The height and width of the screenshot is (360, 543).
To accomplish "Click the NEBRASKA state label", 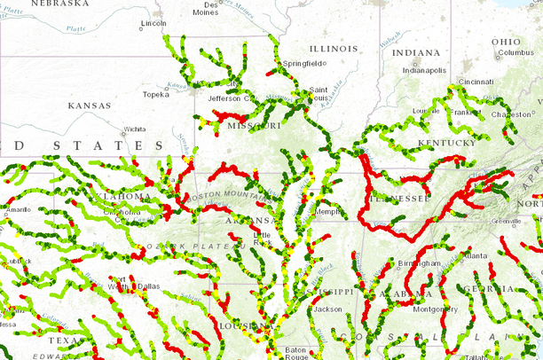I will coord(59,4).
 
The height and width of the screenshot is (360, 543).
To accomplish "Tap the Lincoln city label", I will coord(153,24).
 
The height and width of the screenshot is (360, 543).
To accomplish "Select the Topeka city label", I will coord(155,93).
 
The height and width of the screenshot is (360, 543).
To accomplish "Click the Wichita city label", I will coord(134,129).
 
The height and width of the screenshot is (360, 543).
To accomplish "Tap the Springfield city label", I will coord(303,64).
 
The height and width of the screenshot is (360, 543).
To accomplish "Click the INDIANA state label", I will coord(415,53).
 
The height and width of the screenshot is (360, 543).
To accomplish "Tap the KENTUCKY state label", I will coord(448,142).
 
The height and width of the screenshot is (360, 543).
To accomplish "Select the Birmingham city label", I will coord(419,263).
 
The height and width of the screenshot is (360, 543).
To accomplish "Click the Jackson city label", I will coord(327,309).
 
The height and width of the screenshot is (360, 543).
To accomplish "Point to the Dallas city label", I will coord(148,286).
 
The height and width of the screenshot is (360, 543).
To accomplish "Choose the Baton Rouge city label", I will coord(298,353).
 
